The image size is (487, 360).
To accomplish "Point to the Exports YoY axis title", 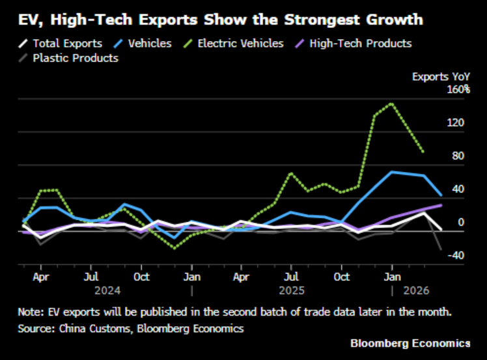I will (x=441, y=76).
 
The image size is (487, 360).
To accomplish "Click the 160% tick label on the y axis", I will (x=458, y=89).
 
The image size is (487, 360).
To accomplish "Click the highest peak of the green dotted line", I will (x=391, y=104).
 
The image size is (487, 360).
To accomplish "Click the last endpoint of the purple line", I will (x=441, y=205).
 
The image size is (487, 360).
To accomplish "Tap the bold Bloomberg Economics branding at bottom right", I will (x=410, y=343).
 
